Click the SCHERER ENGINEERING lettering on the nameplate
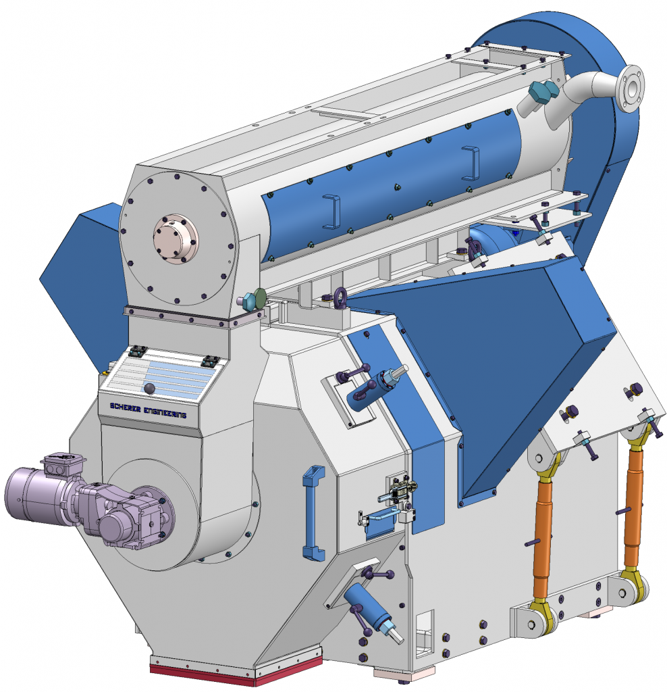click(148, 410)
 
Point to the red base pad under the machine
click(203, 674)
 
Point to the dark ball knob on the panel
click(149, 388)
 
